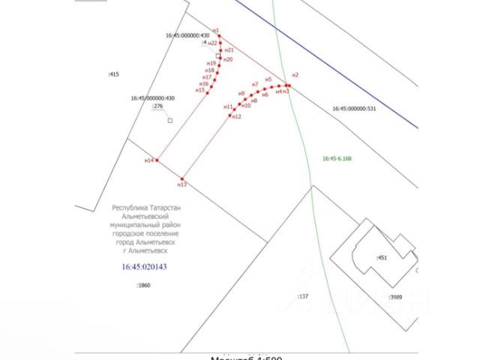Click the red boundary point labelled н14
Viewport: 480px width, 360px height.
pos(156,160)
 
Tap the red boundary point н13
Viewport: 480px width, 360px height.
pos(181,178)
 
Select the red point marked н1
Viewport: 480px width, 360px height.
pos(216,35)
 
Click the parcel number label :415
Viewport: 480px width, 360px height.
pos(114,73)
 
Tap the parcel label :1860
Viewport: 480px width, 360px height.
pos(143,286)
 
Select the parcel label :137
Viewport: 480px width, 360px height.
pos(303,297)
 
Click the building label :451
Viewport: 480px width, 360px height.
pos(381,258)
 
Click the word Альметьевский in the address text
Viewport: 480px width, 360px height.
pos(146,215)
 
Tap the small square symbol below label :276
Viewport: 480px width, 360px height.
pos(169,120)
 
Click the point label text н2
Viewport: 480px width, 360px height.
pos(295,75)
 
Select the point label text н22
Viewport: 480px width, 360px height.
pos(212,43)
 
